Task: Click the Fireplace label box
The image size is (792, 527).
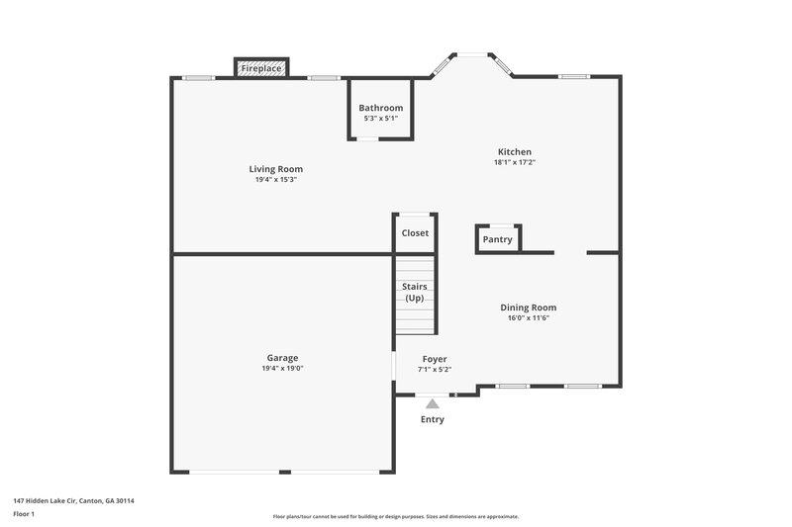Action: (261, 68)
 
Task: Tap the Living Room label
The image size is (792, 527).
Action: (275, 169)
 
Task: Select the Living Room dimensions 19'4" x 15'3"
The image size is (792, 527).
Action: (275, 180)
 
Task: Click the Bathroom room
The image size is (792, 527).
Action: (380, 108)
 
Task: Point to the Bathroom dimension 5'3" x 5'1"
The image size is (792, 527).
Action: (380, 119)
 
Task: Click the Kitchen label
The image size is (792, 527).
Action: (514, 152)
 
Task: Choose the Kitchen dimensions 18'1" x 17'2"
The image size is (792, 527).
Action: (514, 162)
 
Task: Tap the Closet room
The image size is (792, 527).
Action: (415, 233)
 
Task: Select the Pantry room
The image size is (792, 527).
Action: (497, 239)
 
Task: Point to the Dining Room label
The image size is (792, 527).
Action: (528, 307)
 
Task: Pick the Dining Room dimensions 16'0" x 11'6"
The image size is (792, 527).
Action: (528, 318)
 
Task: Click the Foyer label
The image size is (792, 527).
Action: (435, 359)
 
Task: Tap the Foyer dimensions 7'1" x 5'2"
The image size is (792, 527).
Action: (435, 370)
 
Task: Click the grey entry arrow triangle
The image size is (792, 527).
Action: (432, 403)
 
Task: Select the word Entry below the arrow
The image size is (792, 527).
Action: (433, 419)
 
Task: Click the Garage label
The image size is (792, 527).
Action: (282, 358)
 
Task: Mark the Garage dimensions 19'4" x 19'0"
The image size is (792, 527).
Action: (282, 369)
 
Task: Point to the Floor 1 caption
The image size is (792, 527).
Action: (24, 514)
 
